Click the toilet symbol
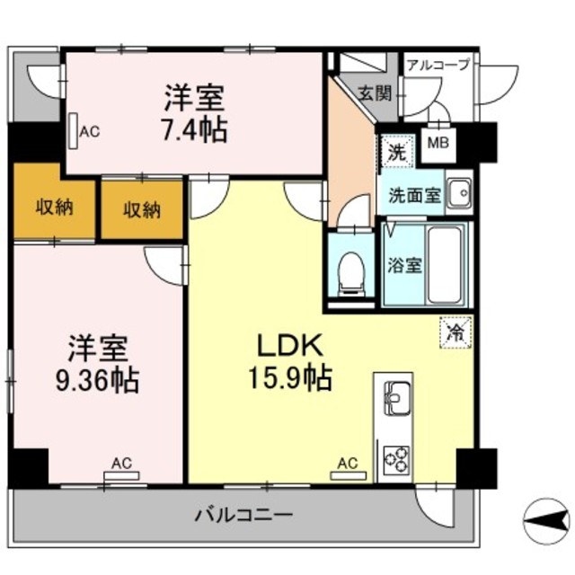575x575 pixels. [x=351, y=274]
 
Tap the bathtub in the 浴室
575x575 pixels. [x=445, y=264]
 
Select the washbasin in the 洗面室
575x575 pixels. [x=460, y=191]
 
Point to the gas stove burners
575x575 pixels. [x=396, y=460]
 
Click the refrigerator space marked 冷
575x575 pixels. [x=456, y=332]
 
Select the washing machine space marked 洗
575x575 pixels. [x=397, y=150]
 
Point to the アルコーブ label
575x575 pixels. [x=438, y=65]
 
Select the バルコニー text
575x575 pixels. [x=243, y=515]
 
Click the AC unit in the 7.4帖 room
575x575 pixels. [x=74, y=131]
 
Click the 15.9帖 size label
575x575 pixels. [x=290, y=377]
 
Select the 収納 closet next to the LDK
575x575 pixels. [x=142, y=210]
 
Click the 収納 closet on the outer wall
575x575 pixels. [x=55, y=208]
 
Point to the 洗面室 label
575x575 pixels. [x=415, y=196]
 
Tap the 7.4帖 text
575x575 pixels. [x=195, y=129]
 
